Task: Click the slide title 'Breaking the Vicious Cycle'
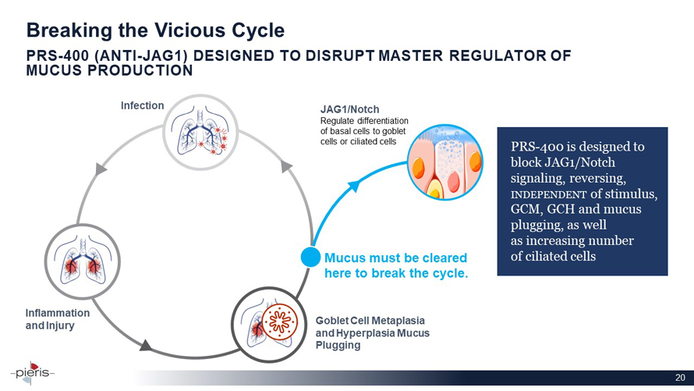(155, 30)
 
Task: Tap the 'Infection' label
(141, 105)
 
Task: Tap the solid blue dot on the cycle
(311, 257)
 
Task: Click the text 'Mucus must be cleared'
(395, 258)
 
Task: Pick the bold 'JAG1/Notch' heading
(350, 109)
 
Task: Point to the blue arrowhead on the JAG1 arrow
(353, 185)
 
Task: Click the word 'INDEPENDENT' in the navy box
(543, 194)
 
